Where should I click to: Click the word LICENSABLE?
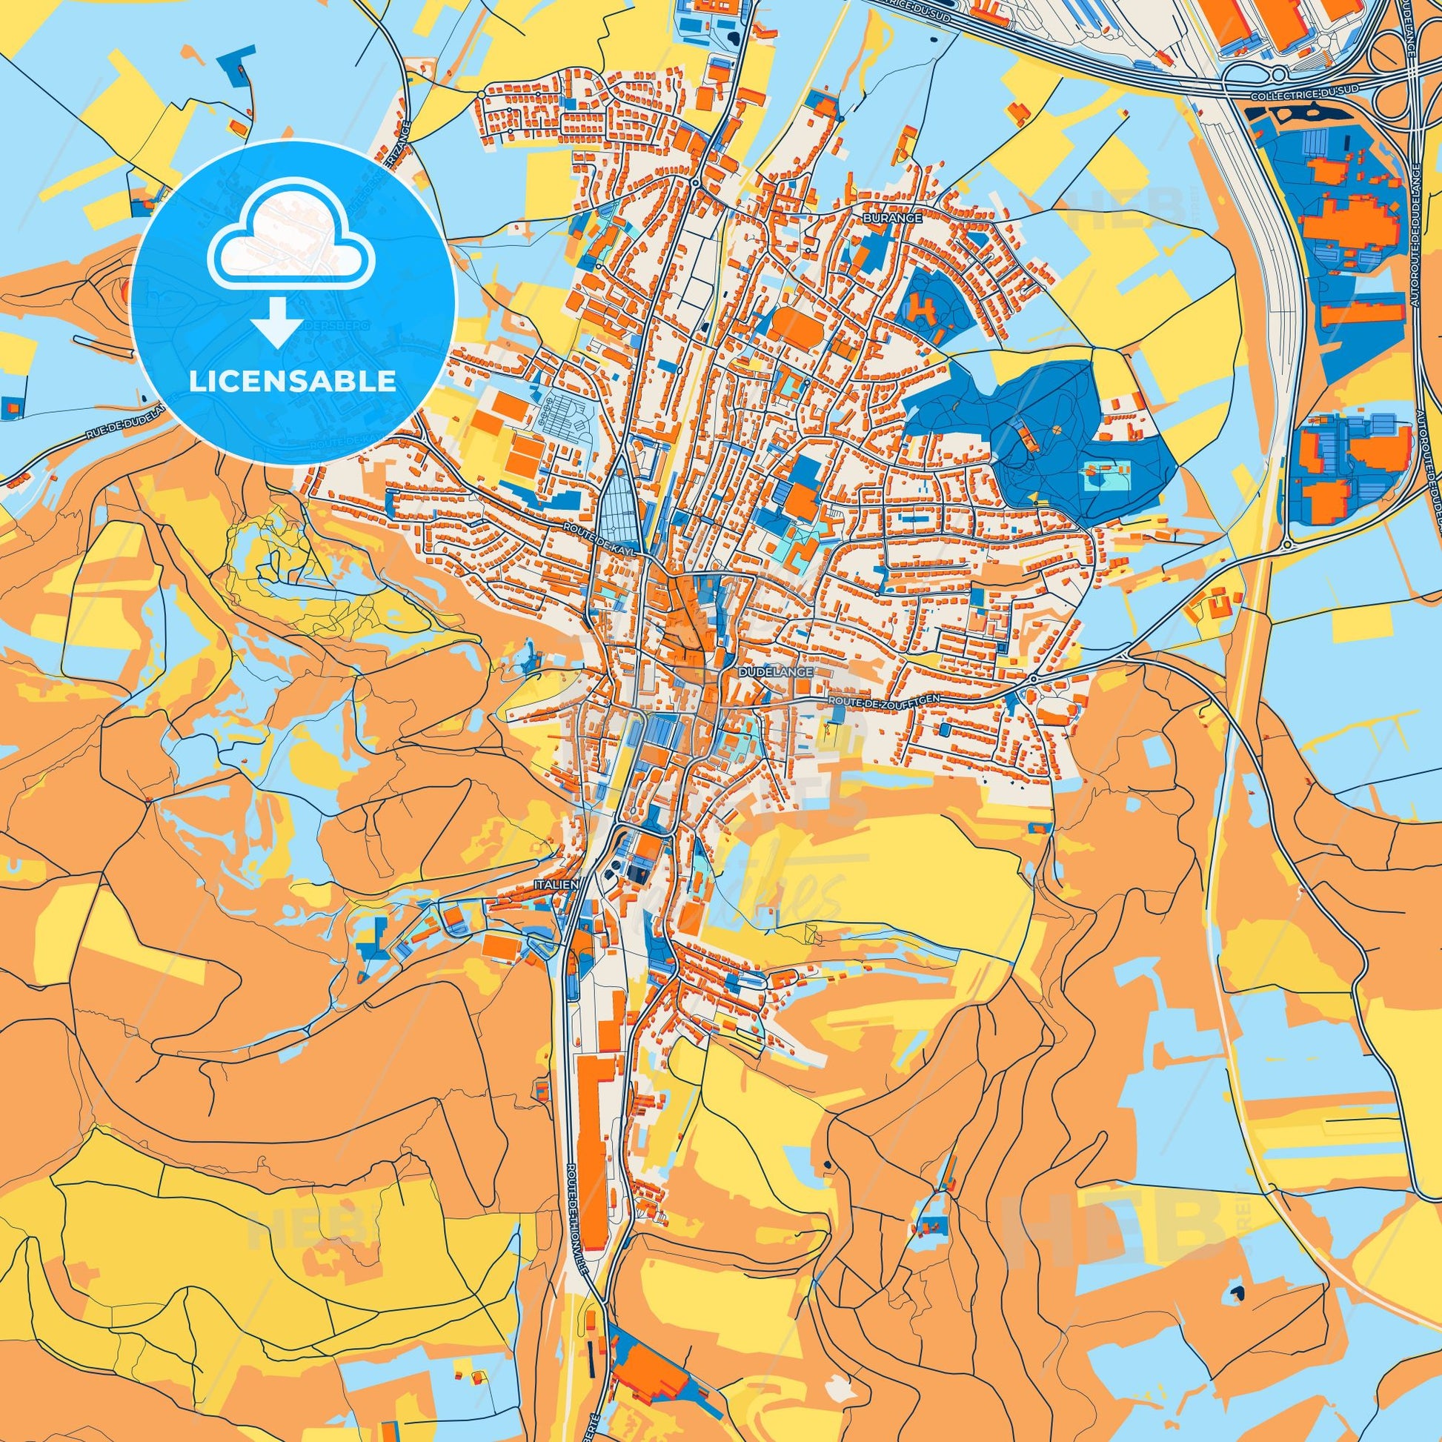click(x=293, y=381)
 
